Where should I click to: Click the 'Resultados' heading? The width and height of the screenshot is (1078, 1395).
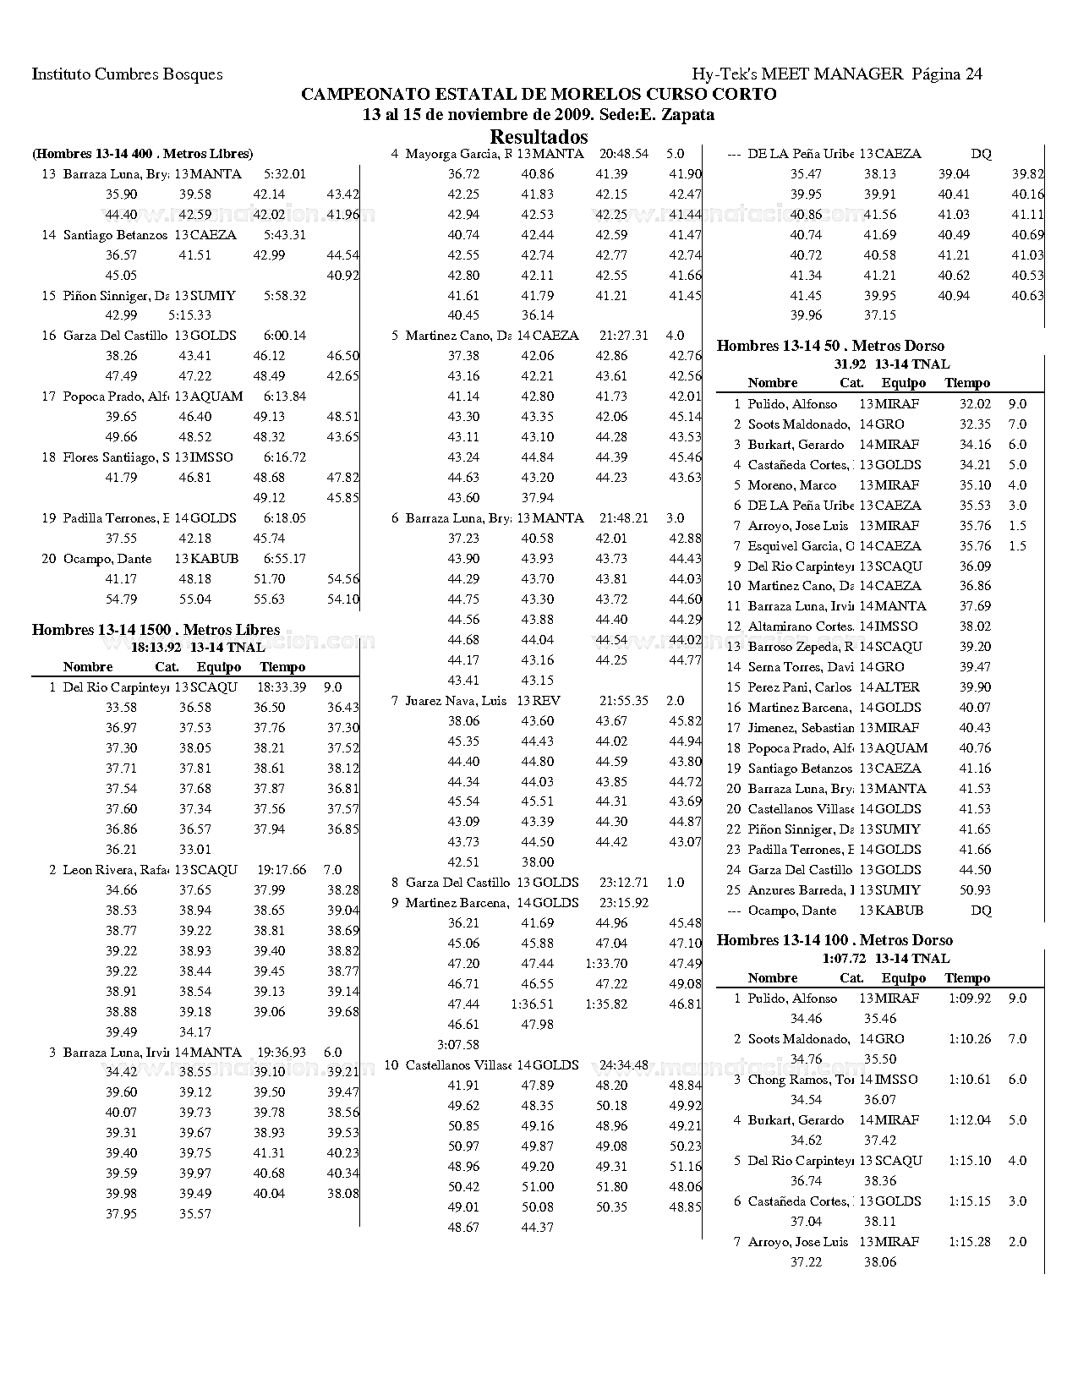pyautogui.click(x=539, y=136)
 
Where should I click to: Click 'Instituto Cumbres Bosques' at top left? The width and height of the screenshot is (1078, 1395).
pyautogui.click(x=128, y=74)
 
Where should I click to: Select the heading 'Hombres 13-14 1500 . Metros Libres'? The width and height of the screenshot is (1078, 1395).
pyautogui.click(x=156, y=629)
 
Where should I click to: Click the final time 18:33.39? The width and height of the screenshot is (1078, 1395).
pyautogui.click(x=282, y=687)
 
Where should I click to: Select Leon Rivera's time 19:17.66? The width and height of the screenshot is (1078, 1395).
pyautogui.click(x=282, y=869)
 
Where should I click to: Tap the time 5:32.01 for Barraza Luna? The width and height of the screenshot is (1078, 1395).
pyautogui.click(x=285, y=174)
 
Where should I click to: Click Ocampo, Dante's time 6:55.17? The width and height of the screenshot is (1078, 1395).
pyautogui.click(x=285, y=559)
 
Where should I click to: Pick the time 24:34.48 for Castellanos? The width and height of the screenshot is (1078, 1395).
pyautogui.click(x=624, y=1065)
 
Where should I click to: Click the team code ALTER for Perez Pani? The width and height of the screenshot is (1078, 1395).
pyautogui.click(x=897, y=687)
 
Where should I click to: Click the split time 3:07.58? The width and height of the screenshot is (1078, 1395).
pyautogui.click(x=458, y=1045)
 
